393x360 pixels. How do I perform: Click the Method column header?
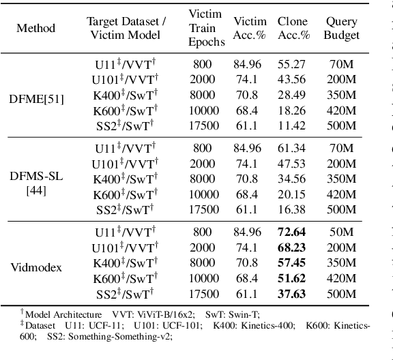pyautogui.click(x=36, y=29)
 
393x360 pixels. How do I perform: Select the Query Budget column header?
pyautogui.click(x=341, y=29)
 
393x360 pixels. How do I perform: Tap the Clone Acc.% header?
pyautogui.click(x=293, y=29)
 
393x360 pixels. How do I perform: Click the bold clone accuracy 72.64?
pyautogui.click(x=292, y=232)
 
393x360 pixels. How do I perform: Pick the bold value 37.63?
pyautogui.click(x=292, y=294)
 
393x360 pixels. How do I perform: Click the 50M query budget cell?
pyautogui.click(x=341, y=232)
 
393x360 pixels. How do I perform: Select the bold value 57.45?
pyautogui.click(x=292, y=263)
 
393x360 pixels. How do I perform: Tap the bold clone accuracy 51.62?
pyautogui.click(x=292, y=278)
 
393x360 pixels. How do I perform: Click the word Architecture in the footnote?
pyautogui.click(x=78, y=315)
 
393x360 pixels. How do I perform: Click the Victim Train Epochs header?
pyautogui.click(x=205, y=29)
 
